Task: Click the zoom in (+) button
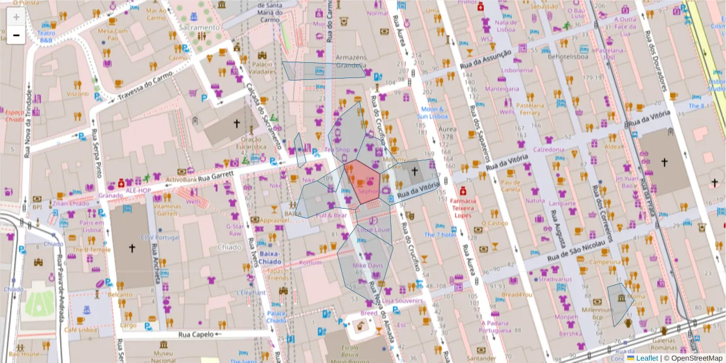(16, 17)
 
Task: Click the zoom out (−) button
(16, 35)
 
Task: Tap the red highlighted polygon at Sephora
(362, 179)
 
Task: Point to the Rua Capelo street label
(197, 334)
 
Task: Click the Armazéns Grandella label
(351, 61)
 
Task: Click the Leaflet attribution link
(647, 358)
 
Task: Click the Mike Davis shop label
(367, 266)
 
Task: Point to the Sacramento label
(199, 27)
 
